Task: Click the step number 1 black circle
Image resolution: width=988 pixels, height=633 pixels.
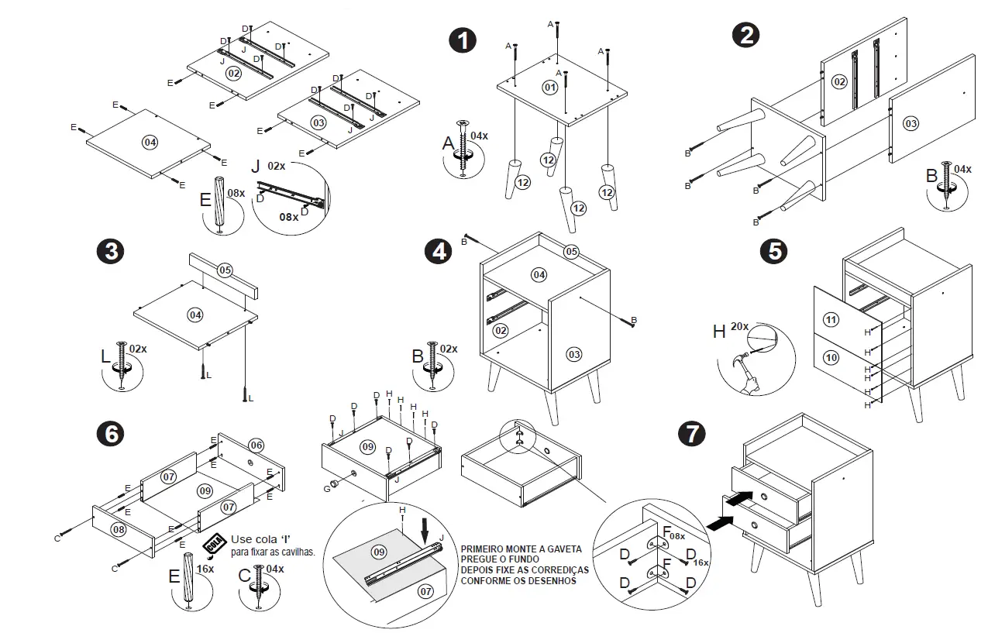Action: pos(463,40)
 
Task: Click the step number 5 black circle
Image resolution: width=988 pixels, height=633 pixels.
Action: pos(773,251)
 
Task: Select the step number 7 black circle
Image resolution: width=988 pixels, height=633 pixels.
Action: pos(691,433)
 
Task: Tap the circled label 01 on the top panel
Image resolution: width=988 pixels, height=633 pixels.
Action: pos(549,87)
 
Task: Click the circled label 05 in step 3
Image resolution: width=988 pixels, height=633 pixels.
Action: pos(225,270)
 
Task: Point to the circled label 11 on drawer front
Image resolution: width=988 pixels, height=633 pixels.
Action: pos(831,319)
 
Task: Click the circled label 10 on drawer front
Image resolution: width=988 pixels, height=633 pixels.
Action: pos(831,358)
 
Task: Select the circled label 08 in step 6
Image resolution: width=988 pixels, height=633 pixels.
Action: pos(119,529)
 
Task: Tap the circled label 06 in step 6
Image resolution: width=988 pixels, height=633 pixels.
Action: pos(256,445)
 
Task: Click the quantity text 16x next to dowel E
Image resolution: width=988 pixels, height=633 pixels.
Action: pos(205,569)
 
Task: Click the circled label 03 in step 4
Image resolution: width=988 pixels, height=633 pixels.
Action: pos(574,354)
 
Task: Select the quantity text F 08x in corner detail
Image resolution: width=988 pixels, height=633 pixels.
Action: pos(673,535)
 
